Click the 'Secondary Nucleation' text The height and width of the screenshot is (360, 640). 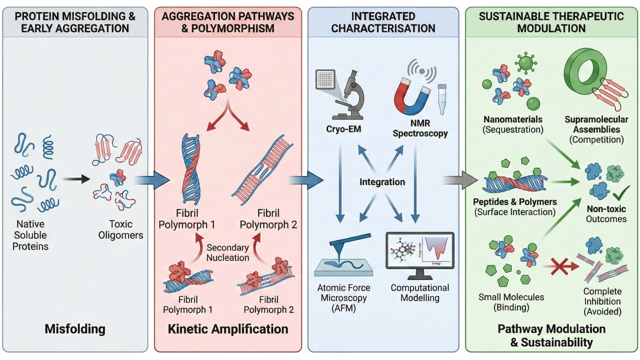click(x=228, y=252)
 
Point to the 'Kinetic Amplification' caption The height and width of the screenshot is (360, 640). click(x=228, y=328)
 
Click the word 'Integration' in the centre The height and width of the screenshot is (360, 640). click(x=382, y=181)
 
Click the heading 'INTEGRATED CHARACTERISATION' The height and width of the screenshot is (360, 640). click(x=382, y=22)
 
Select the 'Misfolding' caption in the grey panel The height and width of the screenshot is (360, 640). click(x=75, y=328)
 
